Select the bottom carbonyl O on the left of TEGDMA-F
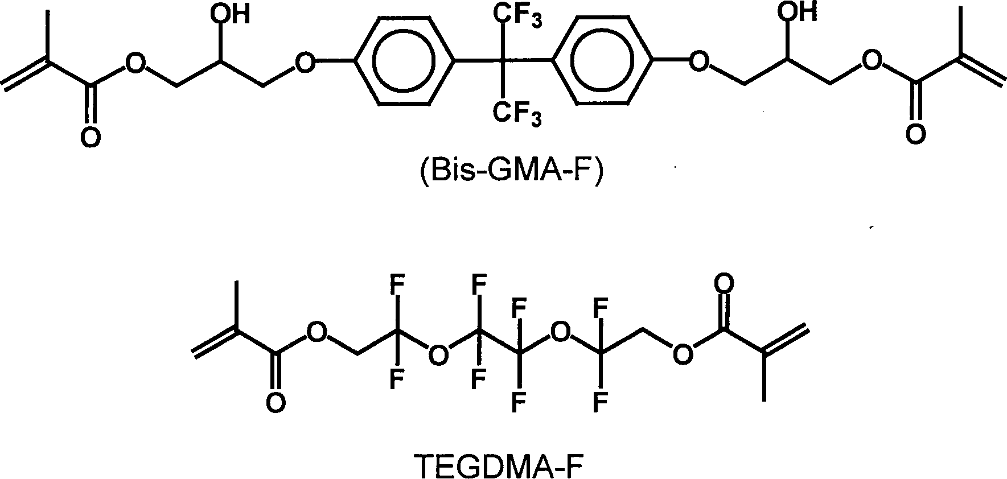(x=276, y=403)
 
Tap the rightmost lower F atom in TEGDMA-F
(x=599, y=403)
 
